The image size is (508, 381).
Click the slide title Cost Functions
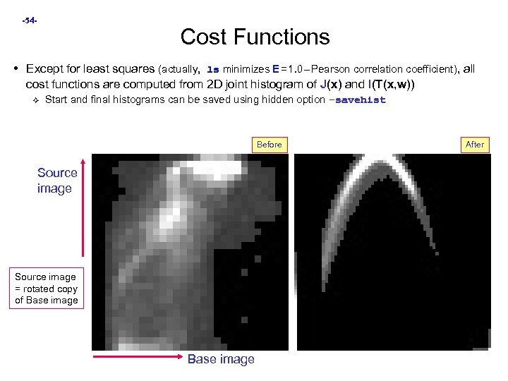pos(255,36)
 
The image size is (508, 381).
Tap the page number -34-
pos(30,21)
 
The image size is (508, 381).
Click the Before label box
pos(269,145)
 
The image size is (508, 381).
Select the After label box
pos(475,145)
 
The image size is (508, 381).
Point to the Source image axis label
pos(57,180)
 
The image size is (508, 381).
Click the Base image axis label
pos(221,359)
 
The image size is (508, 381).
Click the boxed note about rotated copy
pos(46,289)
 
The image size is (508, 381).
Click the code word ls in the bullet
pos(212,70)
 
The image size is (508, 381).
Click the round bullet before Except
pos(16,69)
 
